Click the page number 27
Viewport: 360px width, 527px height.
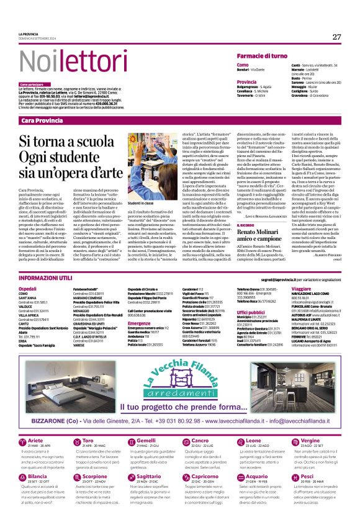(336, 37)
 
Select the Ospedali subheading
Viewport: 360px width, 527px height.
(28, 289)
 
